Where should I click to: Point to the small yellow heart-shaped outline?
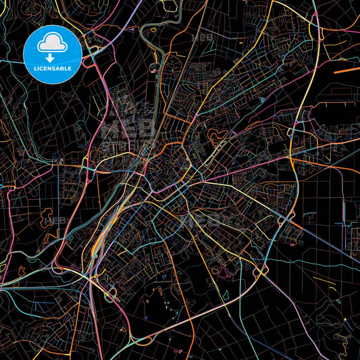pyautogui.click(x=153, y=30)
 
